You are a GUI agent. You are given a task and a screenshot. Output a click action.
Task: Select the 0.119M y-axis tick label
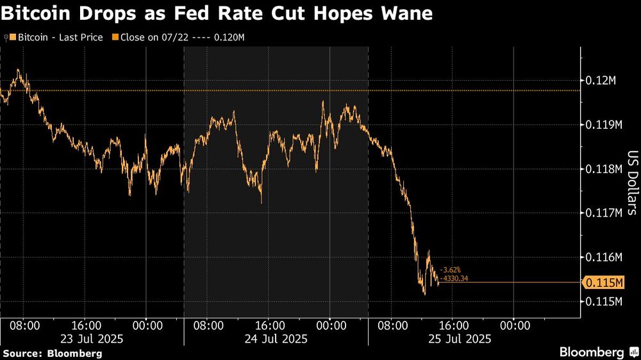pyautogui.click(x=604, y=125)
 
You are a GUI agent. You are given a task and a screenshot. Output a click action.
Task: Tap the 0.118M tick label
pyautogui.click(x=604, y=169)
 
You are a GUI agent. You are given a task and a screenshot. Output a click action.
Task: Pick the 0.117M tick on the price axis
pyautogui.click(x=604, y=213)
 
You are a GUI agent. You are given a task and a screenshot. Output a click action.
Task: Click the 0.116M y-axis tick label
pyautogui.click(x=604, y=257)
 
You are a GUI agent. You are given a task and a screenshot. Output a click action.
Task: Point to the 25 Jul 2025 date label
pyautogui.click(x=459, y=338)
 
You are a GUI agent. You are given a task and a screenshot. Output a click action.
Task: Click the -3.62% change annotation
pyautogui.click(x=451, y=270)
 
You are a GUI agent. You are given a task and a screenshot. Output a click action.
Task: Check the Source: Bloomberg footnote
pyautogui.click(x=53, y=353)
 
